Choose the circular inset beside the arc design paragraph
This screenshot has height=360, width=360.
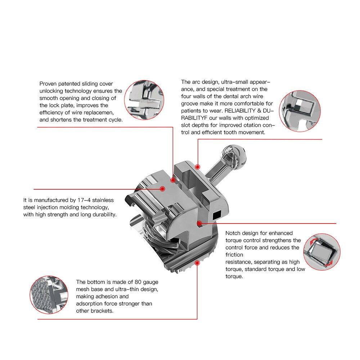[x=300, y=111]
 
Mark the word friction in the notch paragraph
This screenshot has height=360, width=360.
[x=234, y=255]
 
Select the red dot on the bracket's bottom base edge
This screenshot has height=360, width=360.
[x=197, y=263]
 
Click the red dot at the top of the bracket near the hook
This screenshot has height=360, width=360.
[x=198, y=167]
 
